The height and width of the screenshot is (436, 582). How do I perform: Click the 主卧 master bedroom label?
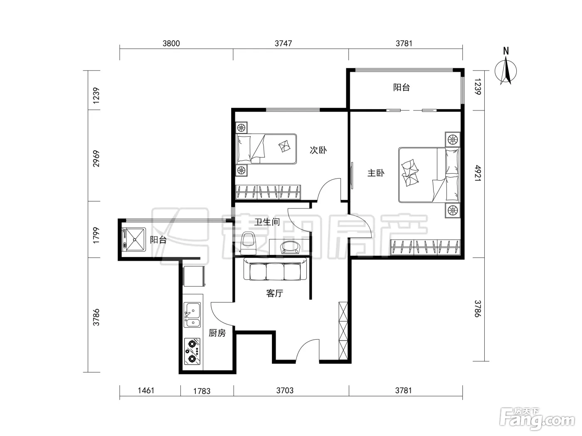coord(376,173)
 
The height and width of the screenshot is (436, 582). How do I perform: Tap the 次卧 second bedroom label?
coord(318,150)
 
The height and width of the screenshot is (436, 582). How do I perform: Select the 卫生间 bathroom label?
coord(267,222)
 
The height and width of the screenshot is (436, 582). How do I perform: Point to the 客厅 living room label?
coord(275,293)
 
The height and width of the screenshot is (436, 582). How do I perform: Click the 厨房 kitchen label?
coord(217,333)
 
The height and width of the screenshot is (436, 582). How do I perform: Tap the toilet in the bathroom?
coord(248,242)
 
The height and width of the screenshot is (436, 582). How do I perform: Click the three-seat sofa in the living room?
coord(275,269)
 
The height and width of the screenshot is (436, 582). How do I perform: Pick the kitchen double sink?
coord(192,315)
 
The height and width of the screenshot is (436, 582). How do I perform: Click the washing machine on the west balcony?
coord(134,239)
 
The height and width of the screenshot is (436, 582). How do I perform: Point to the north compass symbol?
coord(506,69)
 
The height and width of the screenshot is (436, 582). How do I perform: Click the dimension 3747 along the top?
coord(283,44)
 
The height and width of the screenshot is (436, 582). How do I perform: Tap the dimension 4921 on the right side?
coord(478,173)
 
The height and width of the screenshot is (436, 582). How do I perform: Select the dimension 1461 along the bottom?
coord(146,390)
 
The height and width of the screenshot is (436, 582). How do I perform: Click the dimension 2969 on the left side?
coord(96,159)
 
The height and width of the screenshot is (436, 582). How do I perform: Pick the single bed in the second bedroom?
coord(266,149)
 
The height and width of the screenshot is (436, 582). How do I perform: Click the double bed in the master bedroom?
coord(429,175)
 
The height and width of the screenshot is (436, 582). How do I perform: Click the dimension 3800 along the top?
coord(171,44)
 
